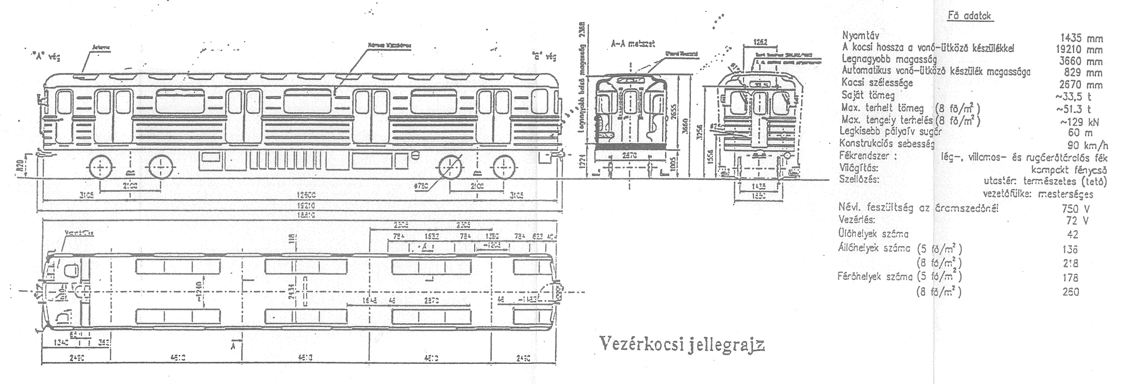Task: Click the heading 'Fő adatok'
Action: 969,16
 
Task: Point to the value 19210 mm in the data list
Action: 1079,50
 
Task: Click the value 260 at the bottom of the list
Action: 1070,292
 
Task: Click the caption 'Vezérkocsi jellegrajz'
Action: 681,343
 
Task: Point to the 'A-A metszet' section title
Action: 632,44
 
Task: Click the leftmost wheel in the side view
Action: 100,167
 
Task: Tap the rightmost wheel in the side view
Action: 504,168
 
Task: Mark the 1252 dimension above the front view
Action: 761,42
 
